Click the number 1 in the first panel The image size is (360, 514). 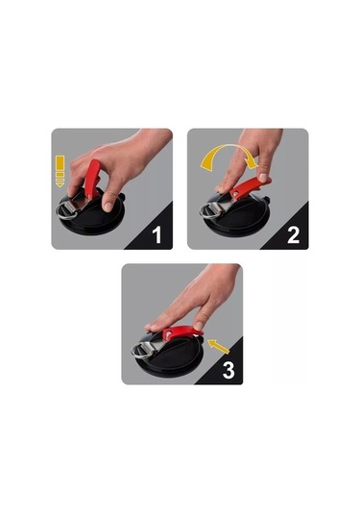pos(157,234)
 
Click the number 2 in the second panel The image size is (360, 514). pos(293,234)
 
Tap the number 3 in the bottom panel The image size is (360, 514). pos(228,370)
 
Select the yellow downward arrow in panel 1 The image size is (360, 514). pos(60,171)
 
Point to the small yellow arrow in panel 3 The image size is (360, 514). pos(219,347)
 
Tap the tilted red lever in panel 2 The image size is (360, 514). pos(250,188)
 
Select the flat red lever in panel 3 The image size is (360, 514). pos(181,332)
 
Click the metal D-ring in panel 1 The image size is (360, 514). pos(65,210)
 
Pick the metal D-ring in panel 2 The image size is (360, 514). pos(208,211)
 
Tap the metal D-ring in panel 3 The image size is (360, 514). pos(140,351)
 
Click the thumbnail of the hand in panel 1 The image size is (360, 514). pos(108,207)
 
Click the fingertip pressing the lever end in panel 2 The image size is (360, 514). pos(263,177)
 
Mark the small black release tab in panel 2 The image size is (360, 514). pos(267,199)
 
